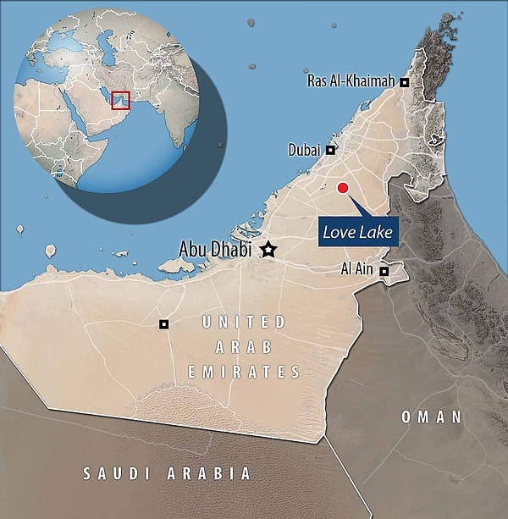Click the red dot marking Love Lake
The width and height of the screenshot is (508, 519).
pyautogui.click(x=343, y=188)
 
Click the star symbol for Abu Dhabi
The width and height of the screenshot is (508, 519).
pyautogui.click(x=269, y=249)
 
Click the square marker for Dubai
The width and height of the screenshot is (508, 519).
pyautogui.click(x=330, y=150)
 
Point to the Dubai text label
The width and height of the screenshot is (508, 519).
pyautogui.click(x=304, y=150)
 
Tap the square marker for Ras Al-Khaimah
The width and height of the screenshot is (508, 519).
pyautogui.click(x=405, y=82)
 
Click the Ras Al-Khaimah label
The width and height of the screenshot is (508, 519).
pyautogui.click(x=353, y=81)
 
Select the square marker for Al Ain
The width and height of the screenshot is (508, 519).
pyautogui.click(x=384, y=272)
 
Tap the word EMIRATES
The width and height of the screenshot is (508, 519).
pyautogui.click(x=245, y=372)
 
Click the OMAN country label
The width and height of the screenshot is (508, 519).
pyautogui.click(x=432, y=417)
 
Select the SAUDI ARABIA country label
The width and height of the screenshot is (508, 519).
pyautogui.click(x=166, y=473)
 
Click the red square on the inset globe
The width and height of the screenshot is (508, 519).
pyautogui.click(x=120, y=99)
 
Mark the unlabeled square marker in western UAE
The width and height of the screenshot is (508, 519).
pyautogui.click(x=164, y=324)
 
